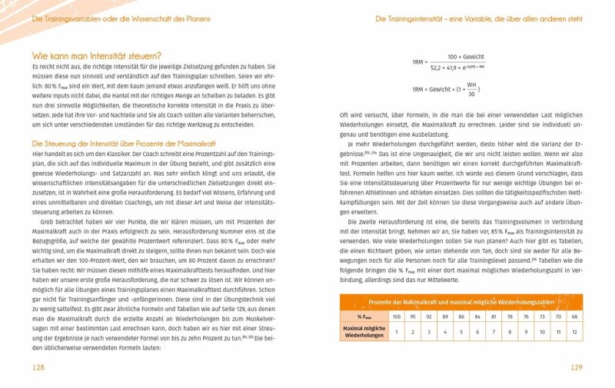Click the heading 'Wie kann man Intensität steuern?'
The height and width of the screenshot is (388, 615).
click(97, 56)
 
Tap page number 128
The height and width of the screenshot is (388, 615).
click(39, 368)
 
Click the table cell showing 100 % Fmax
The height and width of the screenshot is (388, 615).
click(397, 316)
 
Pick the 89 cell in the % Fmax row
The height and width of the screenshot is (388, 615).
click(447, 316)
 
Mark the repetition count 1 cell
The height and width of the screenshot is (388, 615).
click(397, 332)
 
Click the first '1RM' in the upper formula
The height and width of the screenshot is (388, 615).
click(419, 61)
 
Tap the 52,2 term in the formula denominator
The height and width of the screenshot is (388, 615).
click(440, 68)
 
